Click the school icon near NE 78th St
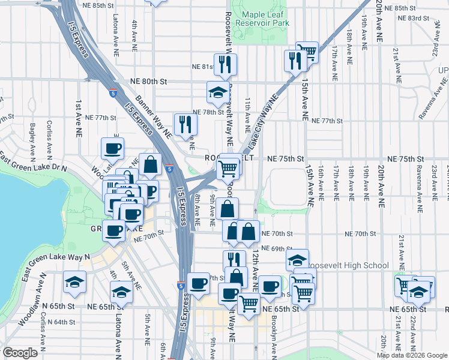(217, 92)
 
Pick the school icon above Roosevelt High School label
(297, 259)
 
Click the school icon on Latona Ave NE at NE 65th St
(121, 292)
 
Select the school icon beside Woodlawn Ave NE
(74, 281)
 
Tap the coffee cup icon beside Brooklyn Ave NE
(270, 286)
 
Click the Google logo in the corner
(20, 352)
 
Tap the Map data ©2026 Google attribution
(412, 355)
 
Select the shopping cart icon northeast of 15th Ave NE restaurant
(307, 52)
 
